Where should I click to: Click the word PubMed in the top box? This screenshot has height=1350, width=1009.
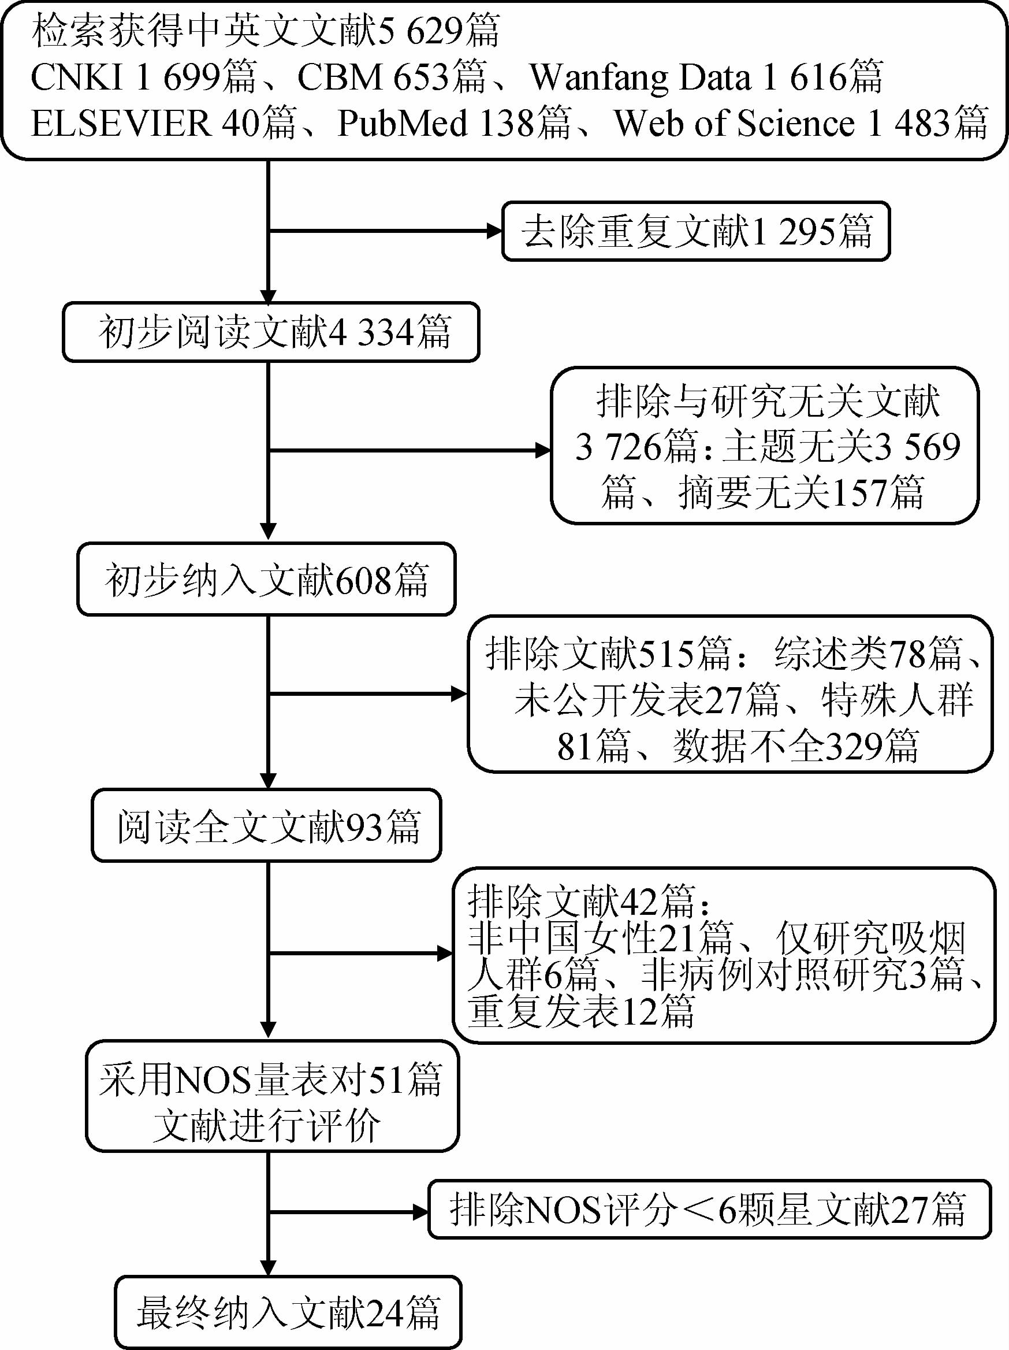click(403, 123)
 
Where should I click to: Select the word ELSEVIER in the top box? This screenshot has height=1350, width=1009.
click(121, 123)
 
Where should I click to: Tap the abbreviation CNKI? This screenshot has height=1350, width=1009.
click(77, 77)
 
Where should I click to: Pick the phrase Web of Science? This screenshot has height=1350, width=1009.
click(735, 123)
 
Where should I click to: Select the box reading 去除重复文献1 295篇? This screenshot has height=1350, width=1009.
click(695, 231)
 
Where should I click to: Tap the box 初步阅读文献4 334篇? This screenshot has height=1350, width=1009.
click(271, 332)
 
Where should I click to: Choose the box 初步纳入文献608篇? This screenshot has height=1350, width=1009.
click(266, 579)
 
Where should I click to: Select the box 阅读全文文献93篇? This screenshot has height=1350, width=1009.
click(266, 826)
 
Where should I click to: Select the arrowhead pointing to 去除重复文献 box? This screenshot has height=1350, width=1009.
click(493, 231)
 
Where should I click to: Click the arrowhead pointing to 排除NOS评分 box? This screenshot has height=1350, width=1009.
click(420, 1212)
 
